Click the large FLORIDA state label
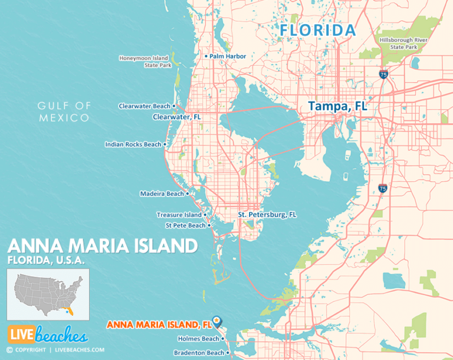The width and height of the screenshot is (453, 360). coord(318,30)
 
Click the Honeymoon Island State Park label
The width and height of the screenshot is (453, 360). coord(145,61)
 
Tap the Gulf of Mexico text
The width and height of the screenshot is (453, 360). coord(64,112)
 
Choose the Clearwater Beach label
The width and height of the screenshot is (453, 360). coord(145,106)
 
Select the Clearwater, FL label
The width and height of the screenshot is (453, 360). coord(177,117)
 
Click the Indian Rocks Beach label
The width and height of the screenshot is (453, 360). coord(133,144)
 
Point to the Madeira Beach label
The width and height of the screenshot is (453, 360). coord(162,194)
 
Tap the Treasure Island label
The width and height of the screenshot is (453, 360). coord(179,215)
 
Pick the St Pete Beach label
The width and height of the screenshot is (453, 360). coord(185,225)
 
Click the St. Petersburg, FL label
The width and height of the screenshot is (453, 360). coord(267,215)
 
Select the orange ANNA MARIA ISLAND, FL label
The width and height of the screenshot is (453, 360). coord(158,324)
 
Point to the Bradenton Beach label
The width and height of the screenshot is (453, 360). coord(199,353)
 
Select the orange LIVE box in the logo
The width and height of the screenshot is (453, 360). coord(20,335)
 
